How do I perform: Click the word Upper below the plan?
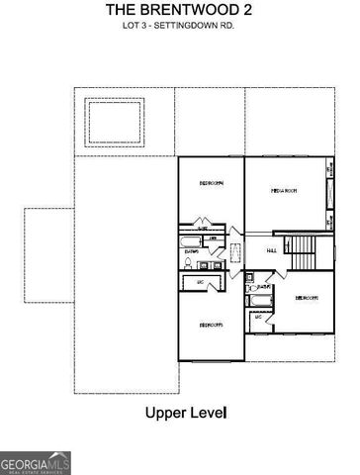166,411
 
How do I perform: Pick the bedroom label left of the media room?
211,183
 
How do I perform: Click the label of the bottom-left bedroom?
211,324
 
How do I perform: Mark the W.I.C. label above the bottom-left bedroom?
201,285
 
